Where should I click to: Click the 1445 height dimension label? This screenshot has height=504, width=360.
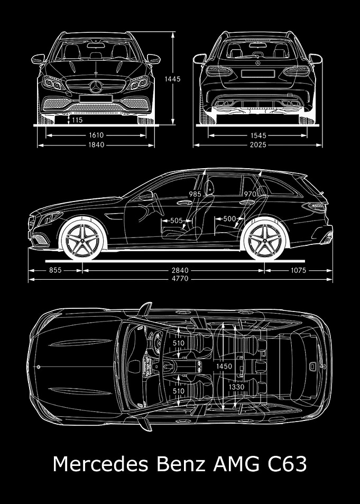click(x=173, y=79)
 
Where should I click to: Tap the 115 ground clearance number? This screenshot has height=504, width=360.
click(x=77, y=120)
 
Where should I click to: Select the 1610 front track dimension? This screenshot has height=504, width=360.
click(x=96, y=135)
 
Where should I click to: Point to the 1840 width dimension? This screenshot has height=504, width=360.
click(x=96, y=145)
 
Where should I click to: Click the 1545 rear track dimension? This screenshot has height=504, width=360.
click(x=259, y=135)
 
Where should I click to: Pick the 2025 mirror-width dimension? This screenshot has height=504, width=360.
click(x=259, y=145)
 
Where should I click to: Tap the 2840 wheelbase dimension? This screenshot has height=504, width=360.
click(x=180, y=270)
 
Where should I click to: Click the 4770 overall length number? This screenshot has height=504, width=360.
click(x=180, y=279)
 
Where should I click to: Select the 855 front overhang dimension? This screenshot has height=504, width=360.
click(x=56, y=270)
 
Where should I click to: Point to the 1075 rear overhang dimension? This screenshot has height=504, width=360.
click(x=299, y=270)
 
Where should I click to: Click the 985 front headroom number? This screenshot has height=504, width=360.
click(x=195, y=194)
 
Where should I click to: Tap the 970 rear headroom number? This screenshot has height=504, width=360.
click(x=250, y=194)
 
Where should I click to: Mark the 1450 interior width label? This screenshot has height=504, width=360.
click(x=224, y=366)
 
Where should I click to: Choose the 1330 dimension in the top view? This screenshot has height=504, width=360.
click(x=237, y=387)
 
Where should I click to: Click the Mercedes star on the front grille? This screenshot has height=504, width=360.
click(x=96, y=87)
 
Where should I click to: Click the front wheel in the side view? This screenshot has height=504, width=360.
click(x=82, y=240)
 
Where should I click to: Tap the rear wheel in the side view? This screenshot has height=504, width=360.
click(x=265, y=240)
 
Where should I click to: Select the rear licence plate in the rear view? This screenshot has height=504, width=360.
click(x=257, y=74)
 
